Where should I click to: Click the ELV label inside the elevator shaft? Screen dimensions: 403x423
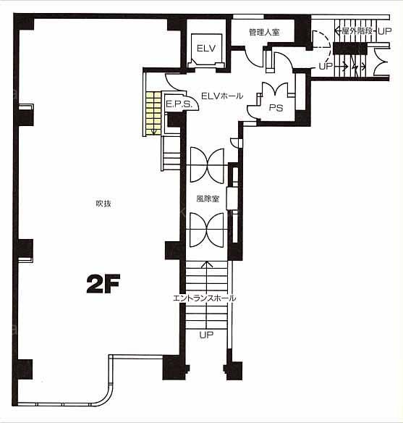point(206,49)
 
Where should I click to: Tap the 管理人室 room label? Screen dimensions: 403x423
point(264,33)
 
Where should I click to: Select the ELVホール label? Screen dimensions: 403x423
point(222,96)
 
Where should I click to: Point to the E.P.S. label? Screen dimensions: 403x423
point(179,104)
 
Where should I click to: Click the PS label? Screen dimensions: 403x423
point(276,108)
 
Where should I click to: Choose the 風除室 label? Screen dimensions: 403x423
point(208,198)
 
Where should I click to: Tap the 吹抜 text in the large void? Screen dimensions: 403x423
point(103,204)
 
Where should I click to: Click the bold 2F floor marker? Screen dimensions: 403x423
point(103,283)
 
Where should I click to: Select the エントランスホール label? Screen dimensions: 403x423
point(205,298)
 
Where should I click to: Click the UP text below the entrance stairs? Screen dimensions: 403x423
point(206,335)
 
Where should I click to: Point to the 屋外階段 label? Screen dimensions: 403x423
point(357,31)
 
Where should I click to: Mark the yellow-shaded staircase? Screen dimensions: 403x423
point(153,113)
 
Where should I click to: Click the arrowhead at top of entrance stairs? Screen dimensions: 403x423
point(207,264)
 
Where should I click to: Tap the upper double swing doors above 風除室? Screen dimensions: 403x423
point(207,165)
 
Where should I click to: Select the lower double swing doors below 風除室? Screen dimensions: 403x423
point(207,230)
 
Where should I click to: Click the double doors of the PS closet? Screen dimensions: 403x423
point(276,89)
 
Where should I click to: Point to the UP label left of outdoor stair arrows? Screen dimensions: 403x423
point(326,66)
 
